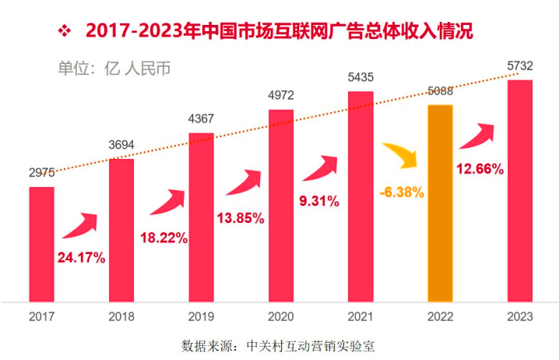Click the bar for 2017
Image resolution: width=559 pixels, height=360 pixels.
(41, 243)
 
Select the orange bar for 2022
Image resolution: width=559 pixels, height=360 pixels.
(440, 203)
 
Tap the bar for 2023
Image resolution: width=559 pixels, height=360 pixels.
(520, 190)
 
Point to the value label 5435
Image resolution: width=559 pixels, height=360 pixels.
(360, 78)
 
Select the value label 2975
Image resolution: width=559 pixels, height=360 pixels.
(42, 175)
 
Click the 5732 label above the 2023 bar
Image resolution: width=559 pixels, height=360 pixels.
(520, 66)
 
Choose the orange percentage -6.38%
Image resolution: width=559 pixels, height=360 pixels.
(403, 192)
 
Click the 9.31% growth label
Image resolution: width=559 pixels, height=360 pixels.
(319, 201)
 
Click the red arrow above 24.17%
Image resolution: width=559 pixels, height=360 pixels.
(81, 226)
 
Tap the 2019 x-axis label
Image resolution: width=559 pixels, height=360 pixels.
(201, 317)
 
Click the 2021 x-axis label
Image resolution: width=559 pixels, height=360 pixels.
(360, 317)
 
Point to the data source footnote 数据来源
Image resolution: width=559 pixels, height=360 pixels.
(278, 345)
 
